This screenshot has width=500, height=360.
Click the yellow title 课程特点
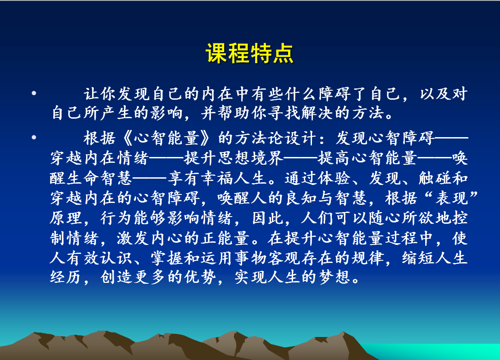pyautogui.click(x=250, y=53)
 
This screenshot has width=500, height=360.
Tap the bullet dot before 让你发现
pyautogui.click(x=34, y=93)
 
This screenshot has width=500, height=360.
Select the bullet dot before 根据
pyautogui.click(x=34, y=138)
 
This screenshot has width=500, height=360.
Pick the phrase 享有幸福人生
pyautogui.click(x=217, y=178)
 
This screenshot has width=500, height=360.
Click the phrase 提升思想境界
pyautogui.click(x=234, y=158)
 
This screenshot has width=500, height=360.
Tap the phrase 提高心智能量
pyautogui.click(x=367, y=158)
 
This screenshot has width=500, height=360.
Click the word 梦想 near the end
pyautogui.click(x=335, y=277)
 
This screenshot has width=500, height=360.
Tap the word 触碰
pyautogui.click(x=435, y=178)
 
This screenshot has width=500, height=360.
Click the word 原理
pyautogui.click(x=66, y=218)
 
